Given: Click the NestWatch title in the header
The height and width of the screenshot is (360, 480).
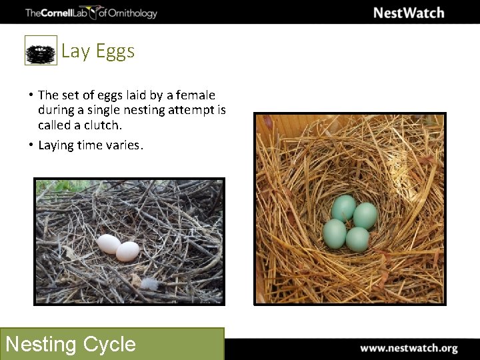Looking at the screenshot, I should pyautogui.click(x=408, y=13).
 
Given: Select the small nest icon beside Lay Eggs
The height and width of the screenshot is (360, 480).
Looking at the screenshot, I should pyautogui.click(x=41, y=51).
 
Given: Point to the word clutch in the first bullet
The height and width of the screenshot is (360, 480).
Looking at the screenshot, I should pyautogui.click(x=102, y=125).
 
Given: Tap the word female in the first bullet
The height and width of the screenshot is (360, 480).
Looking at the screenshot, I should pyautogui.click(x=197, y=95).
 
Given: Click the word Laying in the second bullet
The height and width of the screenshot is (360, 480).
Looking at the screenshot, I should pyautogui.click(x=55, y=145).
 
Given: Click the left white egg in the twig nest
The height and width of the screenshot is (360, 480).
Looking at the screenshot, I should pyautogui.click(x=109, y=244).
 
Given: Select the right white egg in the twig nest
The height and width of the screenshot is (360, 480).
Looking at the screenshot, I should pyautogui.click(x=127, y=251).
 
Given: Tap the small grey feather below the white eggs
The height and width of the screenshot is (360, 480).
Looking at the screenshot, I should pyautogui.click(x=150, y=284).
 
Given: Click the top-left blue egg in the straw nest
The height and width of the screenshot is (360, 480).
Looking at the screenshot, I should pyautogui.click(x=344, y=207).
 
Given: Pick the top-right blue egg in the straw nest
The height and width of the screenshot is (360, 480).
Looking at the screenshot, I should pyautogui.click(x=365, y=215).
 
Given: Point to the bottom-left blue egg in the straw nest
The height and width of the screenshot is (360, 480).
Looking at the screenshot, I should pyautogui.click(x=335, y=233).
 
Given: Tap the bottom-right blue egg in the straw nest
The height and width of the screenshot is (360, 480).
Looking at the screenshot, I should pyautogui.click(x=357, y=239).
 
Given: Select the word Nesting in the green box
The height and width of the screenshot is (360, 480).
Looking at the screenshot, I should pyautogui.click(x=41, y=344).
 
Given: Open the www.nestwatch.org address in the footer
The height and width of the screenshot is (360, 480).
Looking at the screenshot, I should pyautogui.click(x=409, y=348).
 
